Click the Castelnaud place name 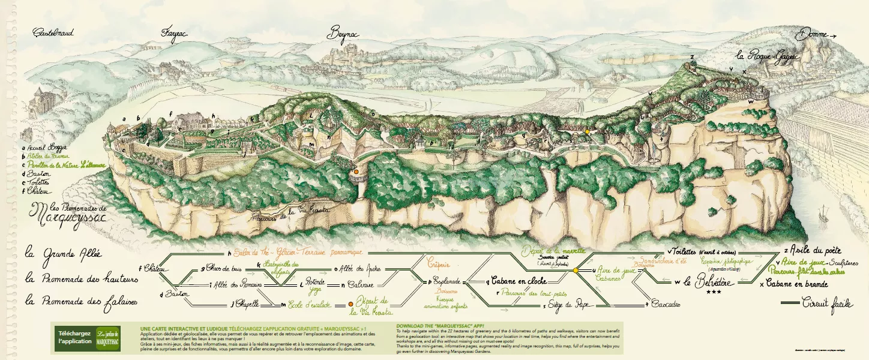[x=53, y=32]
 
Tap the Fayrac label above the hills [x=174, y=34]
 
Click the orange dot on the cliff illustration [x=356, y=171]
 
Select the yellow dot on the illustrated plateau [x=587, y=131]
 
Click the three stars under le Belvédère [x=714, y=292]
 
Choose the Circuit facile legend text [x=828, y=304]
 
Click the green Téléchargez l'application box [x=73, y=337]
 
